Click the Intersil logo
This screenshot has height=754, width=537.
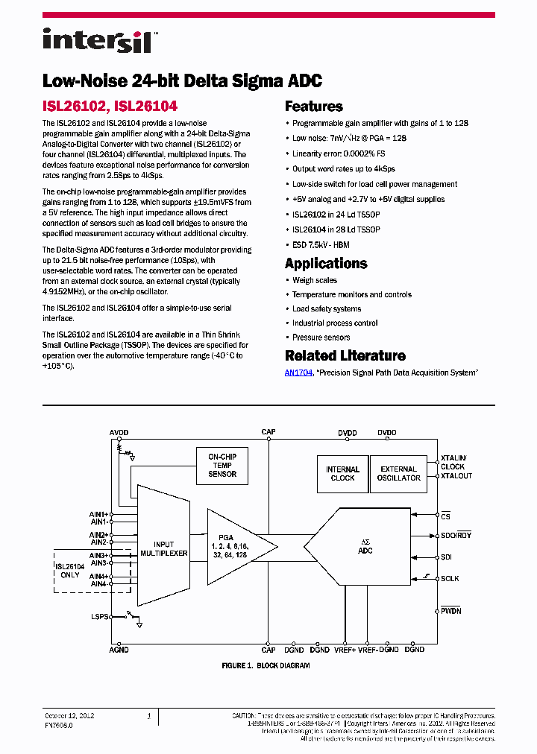click(97, 40)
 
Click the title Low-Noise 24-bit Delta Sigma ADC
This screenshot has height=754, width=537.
click(182, 81)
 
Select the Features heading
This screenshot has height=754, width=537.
click(314, 107)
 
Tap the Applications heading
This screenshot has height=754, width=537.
click(326, 264)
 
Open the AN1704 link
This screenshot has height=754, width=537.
click(298, 373)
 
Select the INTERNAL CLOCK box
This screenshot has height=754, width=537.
click(342, 474)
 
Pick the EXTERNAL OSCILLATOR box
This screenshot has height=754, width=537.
click(399, 474)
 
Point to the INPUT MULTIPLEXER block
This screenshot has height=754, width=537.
click(165, 549)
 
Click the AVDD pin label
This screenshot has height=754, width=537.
click(119, 433)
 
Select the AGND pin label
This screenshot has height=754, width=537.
click(119, 650)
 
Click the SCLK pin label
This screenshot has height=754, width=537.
click(451, 578)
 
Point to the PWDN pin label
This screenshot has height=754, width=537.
click(451, 611)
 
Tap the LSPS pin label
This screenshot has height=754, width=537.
click(98, 618)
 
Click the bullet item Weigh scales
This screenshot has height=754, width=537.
click(314, 280)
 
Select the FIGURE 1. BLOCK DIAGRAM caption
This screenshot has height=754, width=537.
click(266, 665)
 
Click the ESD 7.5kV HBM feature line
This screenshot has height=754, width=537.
click(321, 244)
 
